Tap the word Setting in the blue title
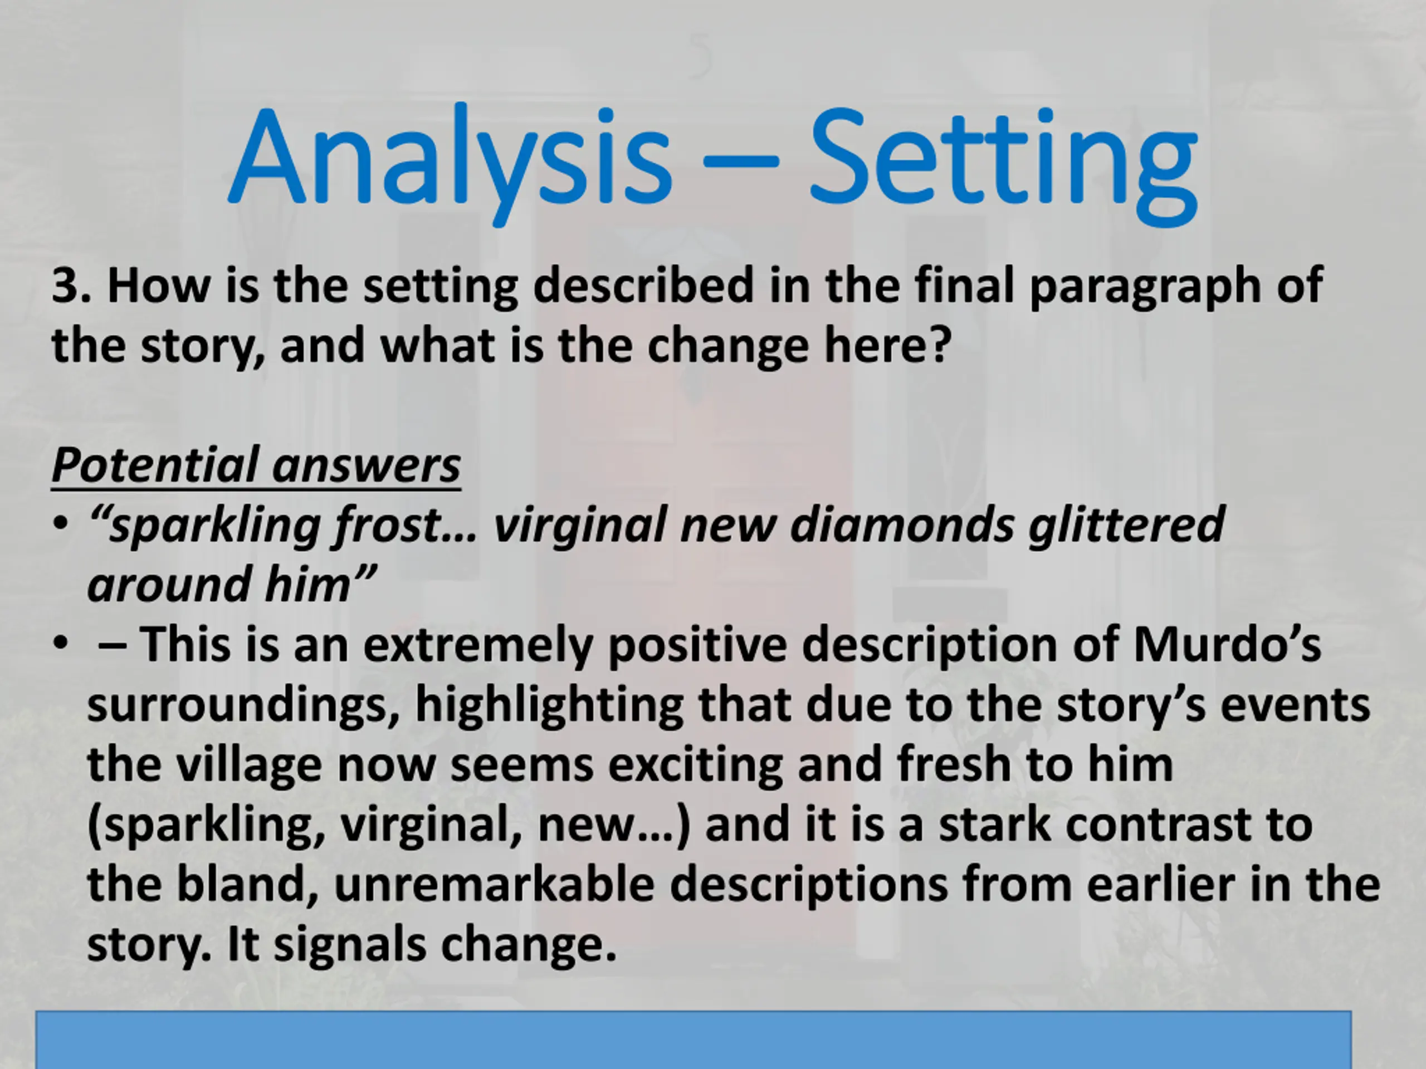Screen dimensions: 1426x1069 tap(1003, 164)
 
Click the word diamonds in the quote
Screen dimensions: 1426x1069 tap(902, 524)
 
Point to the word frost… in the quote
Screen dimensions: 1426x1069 tap(406, 526)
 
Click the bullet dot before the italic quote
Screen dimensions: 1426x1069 tap(61, 524)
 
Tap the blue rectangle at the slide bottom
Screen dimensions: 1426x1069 tap(693, 1039)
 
